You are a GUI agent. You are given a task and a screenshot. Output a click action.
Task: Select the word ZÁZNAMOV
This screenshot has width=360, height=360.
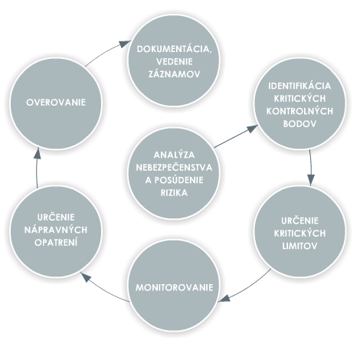pos(174,74)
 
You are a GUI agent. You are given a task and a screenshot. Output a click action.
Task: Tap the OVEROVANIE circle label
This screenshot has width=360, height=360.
pos(56,103)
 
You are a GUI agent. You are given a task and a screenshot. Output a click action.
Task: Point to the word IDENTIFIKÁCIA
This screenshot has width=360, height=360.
pos(299,86)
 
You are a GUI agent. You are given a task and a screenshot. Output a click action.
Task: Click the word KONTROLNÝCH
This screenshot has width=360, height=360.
pos(299,111)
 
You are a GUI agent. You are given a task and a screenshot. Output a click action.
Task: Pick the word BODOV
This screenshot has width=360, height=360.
pos(299,124)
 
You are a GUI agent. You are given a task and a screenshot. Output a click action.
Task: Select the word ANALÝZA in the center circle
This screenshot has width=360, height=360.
pos(174,155)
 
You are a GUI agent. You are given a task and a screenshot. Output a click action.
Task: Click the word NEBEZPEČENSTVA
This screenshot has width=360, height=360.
pos(174,168)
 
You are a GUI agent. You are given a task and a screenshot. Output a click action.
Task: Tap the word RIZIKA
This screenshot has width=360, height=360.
pos(174,193)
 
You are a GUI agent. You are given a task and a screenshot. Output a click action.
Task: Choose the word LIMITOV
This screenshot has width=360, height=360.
pos(299,246)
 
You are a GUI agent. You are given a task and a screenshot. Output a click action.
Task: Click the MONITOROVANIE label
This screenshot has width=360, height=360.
pos(174,287)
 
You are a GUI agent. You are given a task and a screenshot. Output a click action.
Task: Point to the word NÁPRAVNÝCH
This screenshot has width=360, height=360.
pos(56,230)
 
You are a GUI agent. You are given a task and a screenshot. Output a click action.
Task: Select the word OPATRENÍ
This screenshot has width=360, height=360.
pos(56,243)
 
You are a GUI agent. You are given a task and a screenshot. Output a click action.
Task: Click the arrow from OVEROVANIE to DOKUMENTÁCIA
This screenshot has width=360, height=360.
pos(106,51)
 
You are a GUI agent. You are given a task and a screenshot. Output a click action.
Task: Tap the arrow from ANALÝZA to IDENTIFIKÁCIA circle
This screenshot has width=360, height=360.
pos(236,136)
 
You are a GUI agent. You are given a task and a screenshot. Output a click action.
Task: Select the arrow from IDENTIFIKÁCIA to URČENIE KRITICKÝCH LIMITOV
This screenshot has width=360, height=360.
pos(311,167)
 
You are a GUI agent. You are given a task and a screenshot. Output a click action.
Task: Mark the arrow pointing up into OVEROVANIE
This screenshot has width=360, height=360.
pos(37,167)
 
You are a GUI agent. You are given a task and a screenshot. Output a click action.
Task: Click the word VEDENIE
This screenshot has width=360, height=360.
pos(174,61)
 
